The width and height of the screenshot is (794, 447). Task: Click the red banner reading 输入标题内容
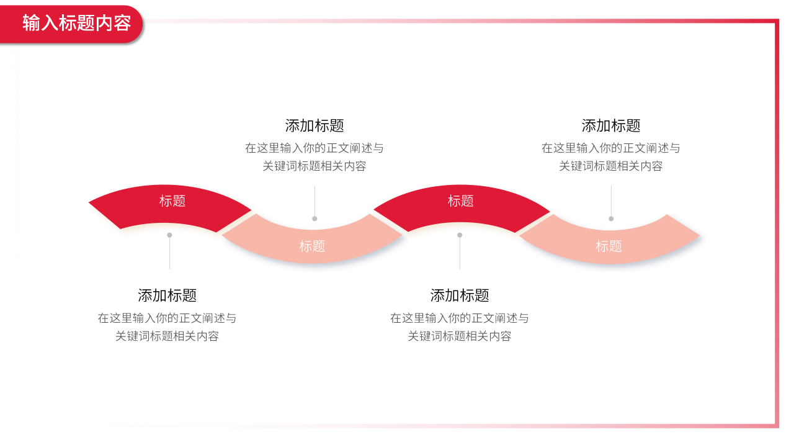tap(71, 24)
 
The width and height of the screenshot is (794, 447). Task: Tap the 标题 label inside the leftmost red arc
tap(172, 201)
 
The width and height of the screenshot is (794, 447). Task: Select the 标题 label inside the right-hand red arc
tap(460, 201)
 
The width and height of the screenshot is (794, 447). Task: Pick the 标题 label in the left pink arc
tap(312, 246)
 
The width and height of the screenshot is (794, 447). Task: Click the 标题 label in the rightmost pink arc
tap(609, 246)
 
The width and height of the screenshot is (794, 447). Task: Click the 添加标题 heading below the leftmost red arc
tap(167, 296)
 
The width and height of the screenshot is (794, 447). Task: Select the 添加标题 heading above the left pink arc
tap(314, 125)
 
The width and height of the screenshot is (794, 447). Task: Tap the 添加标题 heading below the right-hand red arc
tap(460, 296)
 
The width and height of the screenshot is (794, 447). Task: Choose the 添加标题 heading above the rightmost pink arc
tap(611, 125)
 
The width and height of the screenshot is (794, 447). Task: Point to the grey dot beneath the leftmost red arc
tap(169, 235)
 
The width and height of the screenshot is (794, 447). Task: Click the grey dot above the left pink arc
tap(314, 219)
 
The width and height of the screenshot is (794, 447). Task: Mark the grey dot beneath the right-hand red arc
tap(460, 235)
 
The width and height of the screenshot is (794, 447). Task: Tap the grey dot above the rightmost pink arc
tap(611, 219)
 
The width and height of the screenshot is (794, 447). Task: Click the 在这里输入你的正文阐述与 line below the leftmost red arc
tap(167, 318)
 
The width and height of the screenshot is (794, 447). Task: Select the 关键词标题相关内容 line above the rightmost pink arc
tap(611, 166)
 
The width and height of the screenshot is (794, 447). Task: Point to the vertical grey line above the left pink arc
tap(314, 201)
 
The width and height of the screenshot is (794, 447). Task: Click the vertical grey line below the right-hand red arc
tap(460, 253)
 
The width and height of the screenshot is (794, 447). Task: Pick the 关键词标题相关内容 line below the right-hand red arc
tap(460, 336)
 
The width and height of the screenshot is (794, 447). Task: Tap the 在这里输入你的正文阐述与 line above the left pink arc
tap(314, 148)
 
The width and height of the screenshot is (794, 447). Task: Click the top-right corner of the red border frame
tap(777, 20)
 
